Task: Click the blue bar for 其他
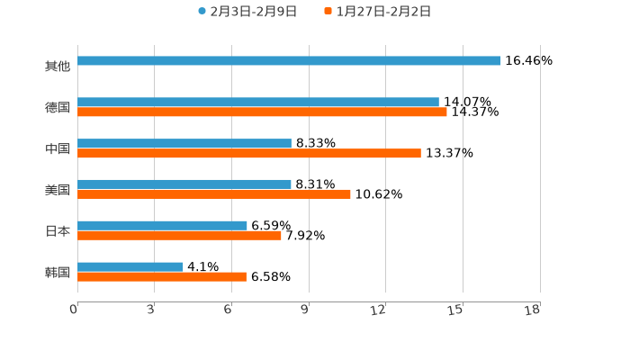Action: click(x=289, y=61)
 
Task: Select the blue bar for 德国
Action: click(x=258, y=103)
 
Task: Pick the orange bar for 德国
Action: click(x=262, y=112)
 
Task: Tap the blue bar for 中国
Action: click(x=184, y=144)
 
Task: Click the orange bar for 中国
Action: click(x=249, y=154)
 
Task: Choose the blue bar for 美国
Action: click(x=184, y=184)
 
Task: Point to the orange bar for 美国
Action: click(x=214, y=194)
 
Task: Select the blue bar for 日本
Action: click(x=162, y=226)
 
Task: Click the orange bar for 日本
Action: click(x=179, y=236)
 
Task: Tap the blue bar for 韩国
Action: click(x=130, y=267)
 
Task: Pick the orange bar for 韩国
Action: click(x=162, y=277)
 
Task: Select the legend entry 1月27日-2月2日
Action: click(x=377, y=12)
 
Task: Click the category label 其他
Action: click(x=58, y=67)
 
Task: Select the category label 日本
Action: click(x=58, y=231)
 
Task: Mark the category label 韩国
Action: click(x=58, y=273)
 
